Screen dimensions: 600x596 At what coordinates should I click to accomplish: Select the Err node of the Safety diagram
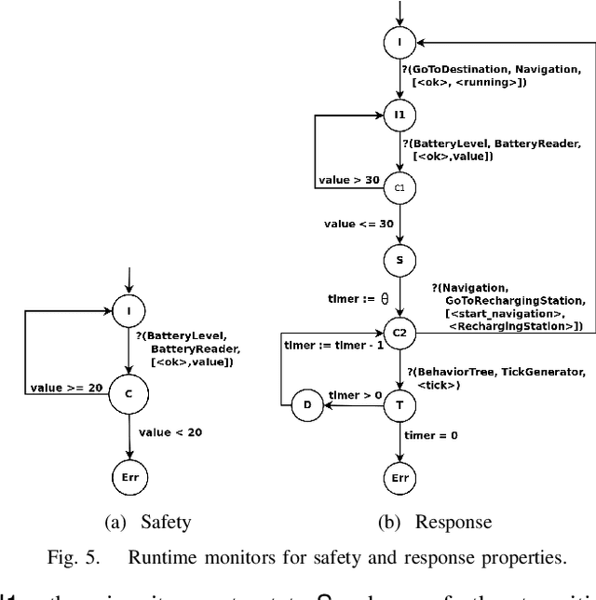[129, 476]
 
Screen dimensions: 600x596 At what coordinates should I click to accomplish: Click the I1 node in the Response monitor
[400, 116]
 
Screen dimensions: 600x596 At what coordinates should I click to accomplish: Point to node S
[400, 260]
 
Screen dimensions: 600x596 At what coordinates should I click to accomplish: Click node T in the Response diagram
[400, 405]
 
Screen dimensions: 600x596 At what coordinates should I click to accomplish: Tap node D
[307, 405]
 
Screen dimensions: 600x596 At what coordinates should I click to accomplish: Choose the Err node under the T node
[400, 479]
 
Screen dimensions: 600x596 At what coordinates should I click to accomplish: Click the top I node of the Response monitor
[400, 43]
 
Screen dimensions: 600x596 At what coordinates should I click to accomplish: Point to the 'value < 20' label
[170, 432]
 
